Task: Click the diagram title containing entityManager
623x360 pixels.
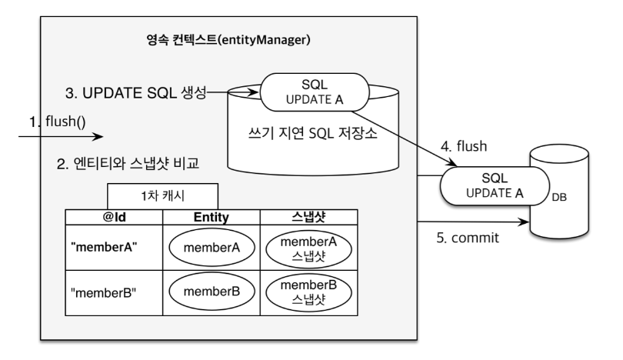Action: click(x=228, y=40)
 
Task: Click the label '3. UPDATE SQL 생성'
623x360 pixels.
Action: click(x=136, y=93)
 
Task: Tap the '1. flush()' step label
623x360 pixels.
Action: click(x=58, y=122)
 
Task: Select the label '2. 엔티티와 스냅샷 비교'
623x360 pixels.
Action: click(x=128, y=163)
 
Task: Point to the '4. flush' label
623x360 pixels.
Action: click(x=464, y=146)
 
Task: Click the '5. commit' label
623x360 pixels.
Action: click(x=468, y=238)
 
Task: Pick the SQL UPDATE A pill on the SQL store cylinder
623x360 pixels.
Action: click(x=315, y=92)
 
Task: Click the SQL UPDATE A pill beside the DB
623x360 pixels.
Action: click(x=495, y=186)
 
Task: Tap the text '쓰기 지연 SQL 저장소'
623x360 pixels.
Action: click(x=313, y=133)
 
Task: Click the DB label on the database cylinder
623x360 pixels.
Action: click(x=559, y=197)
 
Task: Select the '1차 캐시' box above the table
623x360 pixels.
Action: click(x=162, y=196)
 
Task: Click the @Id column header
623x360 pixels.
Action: click(x=114, y=217)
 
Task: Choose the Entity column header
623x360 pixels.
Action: click(x=212, y=217)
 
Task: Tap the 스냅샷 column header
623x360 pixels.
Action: click(x=308, y=217)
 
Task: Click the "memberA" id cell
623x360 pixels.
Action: click(x=114, y=248)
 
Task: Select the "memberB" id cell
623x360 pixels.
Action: click(x=114, y=293)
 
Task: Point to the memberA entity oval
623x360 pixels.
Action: click(x=212, y=248)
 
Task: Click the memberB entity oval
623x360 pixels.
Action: click(x=212, y=292)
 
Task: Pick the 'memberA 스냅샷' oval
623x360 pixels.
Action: click(x=308, y=249)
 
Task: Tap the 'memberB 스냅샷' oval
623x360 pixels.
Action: click(x=308, y=292)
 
